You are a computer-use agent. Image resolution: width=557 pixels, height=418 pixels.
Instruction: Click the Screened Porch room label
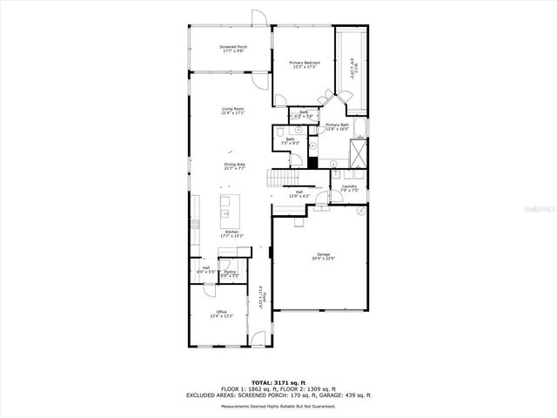[232, 49]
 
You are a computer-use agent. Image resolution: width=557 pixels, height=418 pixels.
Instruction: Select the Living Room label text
[232, 111]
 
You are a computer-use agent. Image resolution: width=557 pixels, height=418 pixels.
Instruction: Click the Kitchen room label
[232, 233]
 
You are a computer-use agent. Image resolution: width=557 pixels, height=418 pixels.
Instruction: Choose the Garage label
[323, 256]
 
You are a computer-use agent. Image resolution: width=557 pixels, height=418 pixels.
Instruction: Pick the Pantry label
[230, 274]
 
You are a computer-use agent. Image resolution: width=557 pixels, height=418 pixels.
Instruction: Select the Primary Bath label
[337, 127]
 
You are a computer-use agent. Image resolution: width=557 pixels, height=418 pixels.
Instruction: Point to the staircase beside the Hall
[279, 178]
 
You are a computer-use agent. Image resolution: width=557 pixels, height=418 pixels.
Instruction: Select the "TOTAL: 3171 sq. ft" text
[278, 382]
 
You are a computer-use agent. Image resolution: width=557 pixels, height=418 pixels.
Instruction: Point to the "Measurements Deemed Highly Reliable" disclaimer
[278, 404]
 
